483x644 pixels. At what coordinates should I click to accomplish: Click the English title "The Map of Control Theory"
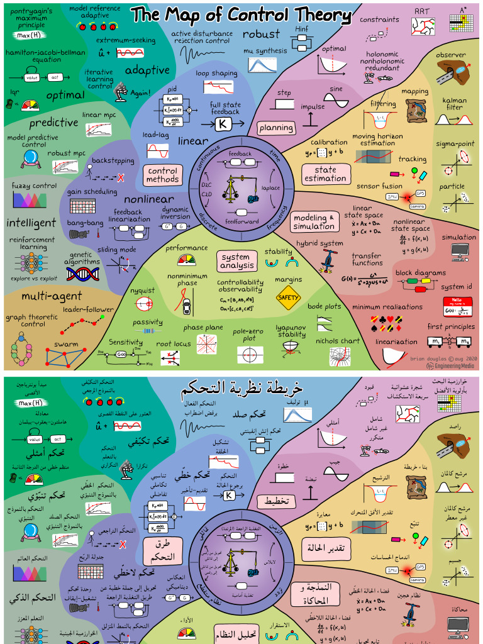click(x=241, y=14)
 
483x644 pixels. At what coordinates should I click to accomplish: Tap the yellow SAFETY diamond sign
click(x=288, y=297)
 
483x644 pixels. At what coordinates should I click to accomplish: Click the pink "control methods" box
click(x=162, y=175)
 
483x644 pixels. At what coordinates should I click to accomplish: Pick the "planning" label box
click(x=276, y=128)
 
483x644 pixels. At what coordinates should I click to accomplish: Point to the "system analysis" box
click(x=236, y=261)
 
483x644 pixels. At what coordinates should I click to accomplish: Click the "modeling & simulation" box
click(x=314, y=222)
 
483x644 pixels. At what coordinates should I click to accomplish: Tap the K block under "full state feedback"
click(x=223, y=124)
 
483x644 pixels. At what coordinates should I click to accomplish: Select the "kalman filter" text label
click(x=455, y=104)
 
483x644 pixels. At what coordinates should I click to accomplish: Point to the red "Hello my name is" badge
click(x=457, y=306)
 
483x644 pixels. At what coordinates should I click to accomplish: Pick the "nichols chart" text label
click(x=338, y=341)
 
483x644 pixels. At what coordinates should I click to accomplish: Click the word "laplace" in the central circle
click(x=270, y=187)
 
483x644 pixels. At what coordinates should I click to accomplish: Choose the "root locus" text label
click(x=173, y=344)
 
